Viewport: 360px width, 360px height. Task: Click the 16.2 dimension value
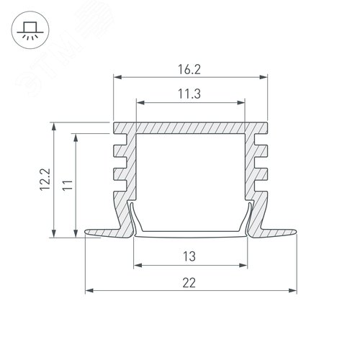click(x=189, y=69)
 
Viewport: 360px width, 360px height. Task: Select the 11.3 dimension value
click(x=189, y=94)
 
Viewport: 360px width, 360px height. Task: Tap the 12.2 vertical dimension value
click(x=45, y=179)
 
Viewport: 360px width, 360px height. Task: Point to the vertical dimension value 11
click(x=68, y=185)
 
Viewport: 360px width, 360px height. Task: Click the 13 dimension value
click(x=189, y=256)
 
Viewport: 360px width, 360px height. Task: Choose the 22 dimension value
click(x=189, y=283)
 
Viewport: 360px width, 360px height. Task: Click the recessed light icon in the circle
click(x=30, y=30)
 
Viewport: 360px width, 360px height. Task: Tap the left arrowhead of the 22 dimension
click(x=89, y=291)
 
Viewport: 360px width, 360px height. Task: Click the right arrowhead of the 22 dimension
click(x=293, y=291)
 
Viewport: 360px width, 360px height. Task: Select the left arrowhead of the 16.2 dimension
click(x=117, y=77)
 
